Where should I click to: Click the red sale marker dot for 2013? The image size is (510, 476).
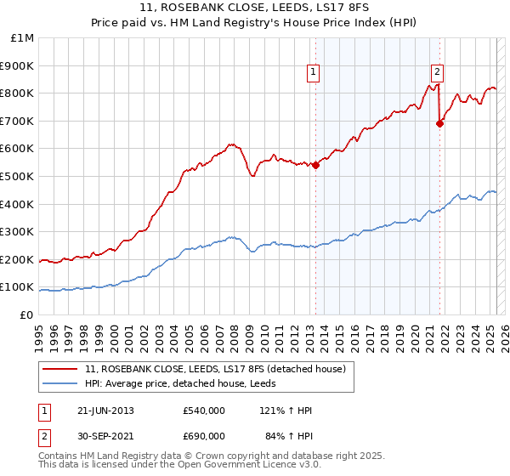[x=315, y=166]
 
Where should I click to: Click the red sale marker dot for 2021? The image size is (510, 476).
[x=439, y=123]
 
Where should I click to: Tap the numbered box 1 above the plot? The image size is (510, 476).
[x=314, y=73]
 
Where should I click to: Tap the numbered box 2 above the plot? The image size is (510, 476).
[x=437, y=73]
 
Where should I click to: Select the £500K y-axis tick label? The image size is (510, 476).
[x=17, y=176]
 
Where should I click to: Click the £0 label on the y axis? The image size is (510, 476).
[x=27, y=314]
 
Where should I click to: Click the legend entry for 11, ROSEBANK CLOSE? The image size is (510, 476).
[x=215, y=369]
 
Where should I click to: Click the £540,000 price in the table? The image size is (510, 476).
[x=204, y=411]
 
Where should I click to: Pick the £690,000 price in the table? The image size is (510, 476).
[x=204, y=436]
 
